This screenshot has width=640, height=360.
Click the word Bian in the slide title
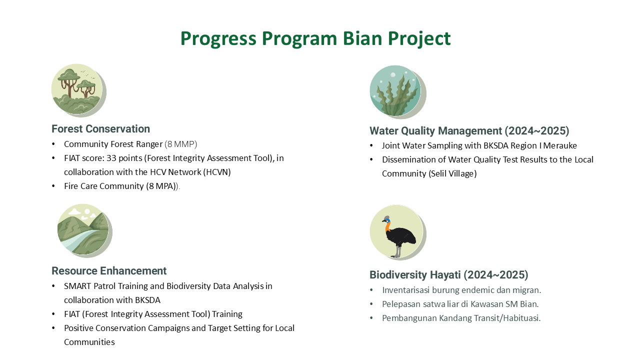point(362,38)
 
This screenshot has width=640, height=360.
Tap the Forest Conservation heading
point(100,129)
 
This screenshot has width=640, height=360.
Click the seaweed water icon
point(397,91)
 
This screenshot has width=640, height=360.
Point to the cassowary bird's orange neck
point(387,227)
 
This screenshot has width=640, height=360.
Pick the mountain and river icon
point(84,230)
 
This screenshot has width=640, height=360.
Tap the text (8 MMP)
point(181,144)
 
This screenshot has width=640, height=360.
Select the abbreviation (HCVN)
point(217,172)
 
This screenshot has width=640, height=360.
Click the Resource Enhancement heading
point(109,271)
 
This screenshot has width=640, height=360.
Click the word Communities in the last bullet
point(89,342)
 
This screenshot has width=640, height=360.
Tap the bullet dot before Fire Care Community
point(53,186)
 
